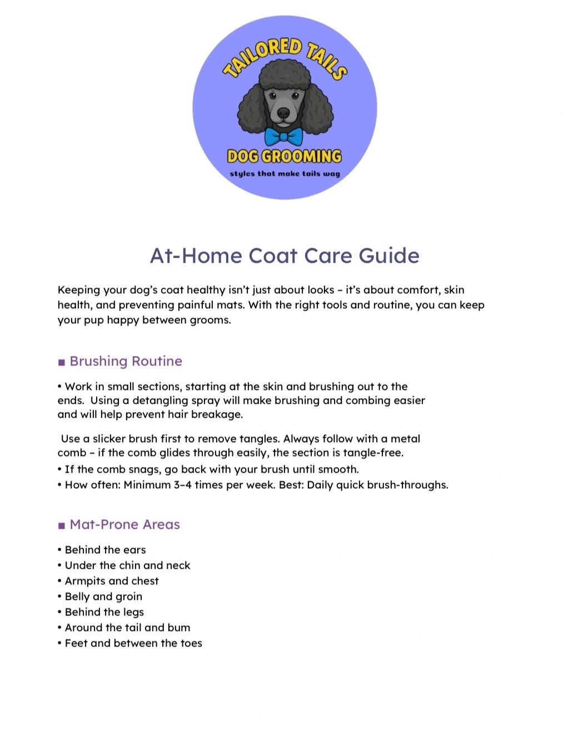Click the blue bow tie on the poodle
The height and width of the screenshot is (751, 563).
283,136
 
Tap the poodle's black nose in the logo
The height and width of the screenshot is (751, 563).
283,113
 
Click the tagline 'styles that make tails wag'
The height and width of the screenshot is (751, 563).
285,173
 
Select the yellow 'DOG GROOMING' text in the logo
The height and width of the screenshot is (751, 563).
285,156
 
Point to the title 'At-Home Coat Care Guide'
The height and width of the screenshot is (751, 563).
285,256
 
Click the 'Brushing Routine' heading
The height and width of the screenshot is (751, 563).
126,361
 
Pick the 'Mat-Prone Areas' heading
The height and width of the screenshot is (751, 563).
124,524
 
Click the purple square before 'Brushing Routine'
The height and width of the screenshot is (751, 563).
62,362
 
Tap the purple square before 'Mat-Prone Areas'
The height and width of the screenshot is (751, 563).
62,525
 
